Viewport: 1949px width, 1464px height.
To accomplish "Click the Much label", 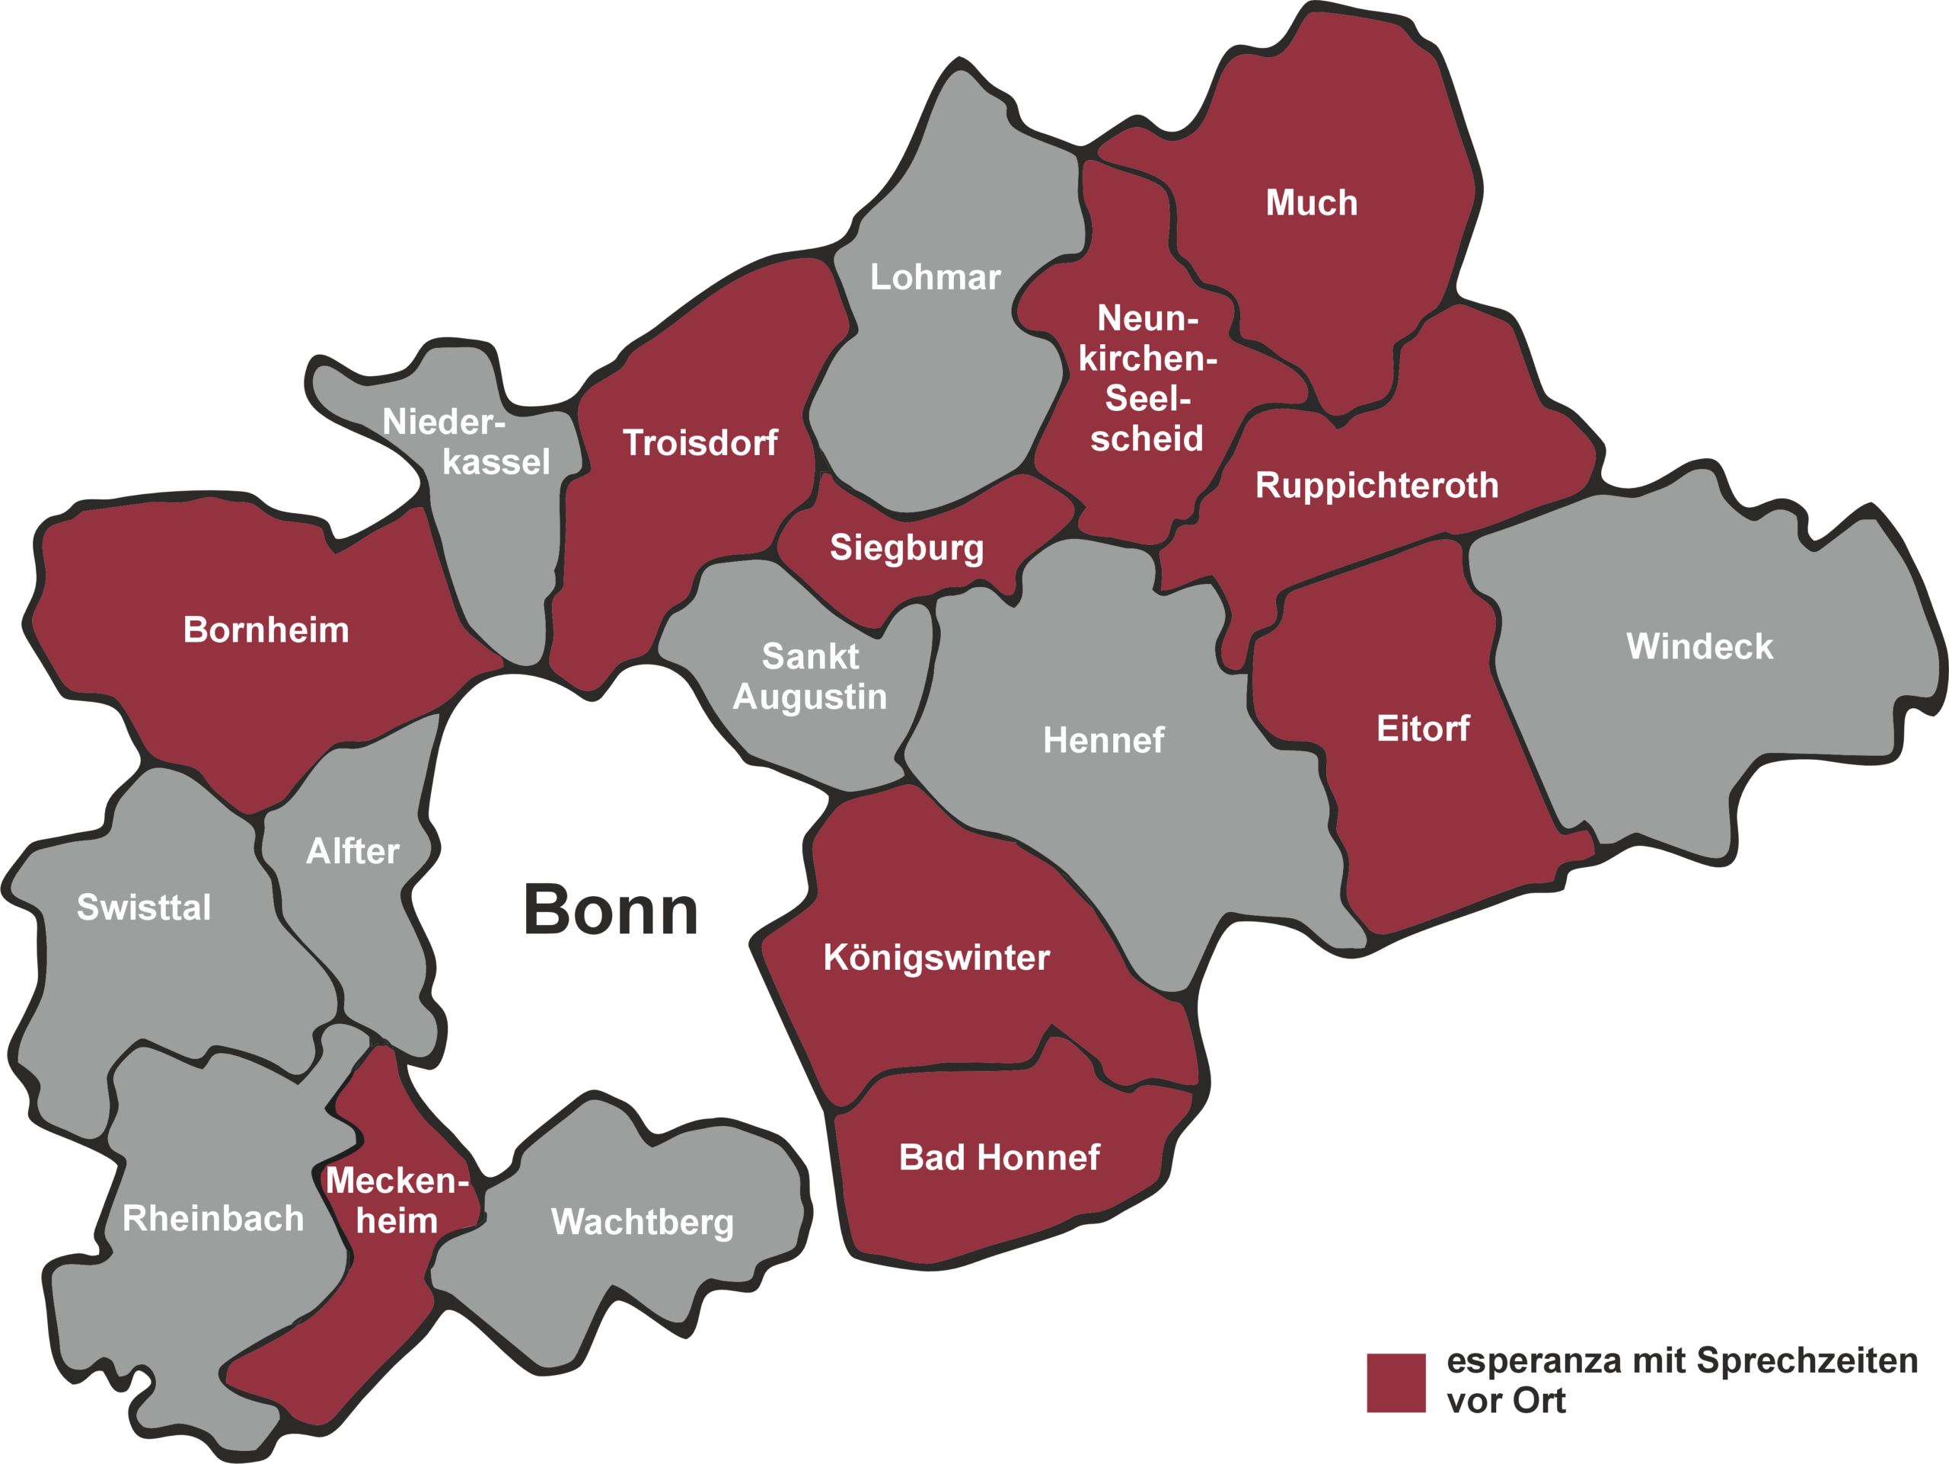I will coord(1311,203).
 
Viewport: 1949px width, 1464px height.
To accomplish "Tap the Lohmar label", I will coord(935,276).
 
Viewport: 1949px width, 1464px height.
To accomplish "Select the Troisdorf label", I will coord(700,442).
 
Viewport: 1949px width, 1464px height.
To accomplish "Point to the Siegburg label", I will coord(907,547).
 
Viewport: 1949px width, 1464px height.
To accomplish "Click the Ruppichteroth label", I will coord(1376,486).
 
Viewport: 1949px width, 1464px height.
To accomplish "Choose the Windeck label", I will coord(1699,646).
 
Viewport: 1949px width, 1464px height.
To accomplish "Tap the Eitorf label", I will coord(1423,729).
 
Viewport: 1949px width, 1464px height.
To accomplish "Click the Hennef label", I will coord(1103,740).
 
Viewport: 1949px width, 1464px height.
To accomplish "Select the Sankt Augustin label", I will coord(810,677).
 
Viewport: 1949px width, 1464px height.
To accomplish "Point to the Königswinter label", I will coord(936,958).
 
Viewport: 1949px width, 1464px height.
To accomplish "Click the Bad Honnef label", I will coord(999,1157).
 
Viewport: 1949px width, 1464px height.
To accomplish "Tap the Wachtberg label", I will coord(643,1222).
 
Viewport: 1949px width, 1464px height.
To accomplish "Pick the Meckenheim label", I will coord(397,1201).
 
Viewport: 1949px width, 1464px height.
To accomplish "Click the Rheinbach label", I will coord(213,1218).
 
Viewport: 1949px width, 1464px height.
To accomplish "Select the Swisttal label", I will coord(144,907).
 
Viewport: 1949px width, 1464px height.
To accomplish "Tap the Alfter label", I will coord(352,851).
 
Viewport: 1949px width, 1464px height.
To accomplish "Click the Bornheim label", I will coord(266,630).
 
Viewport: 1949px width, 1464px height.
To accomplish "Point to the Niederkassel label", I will coord(467,442).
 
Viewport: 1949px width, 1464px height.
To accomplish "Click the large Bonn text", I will coord(611,910).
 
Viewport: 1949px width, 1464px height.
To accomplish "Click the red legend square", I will coord(1396,1383).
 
